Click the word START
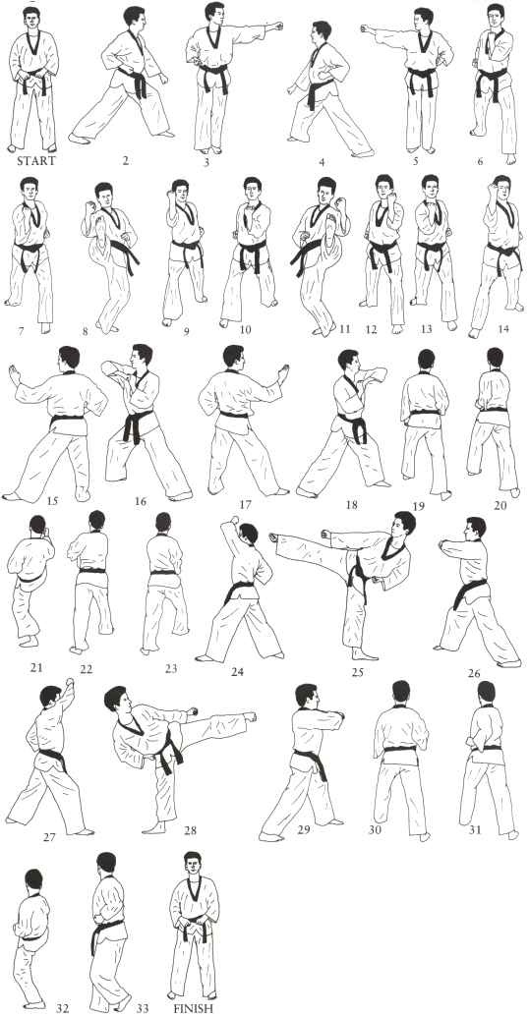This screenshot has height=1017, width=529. point(35,160)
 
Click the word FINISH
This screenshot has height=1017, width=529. point(193,1008)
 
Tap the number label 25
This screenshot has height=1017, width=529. point(358,671)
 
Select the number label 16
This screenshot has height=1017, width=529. point(141,501)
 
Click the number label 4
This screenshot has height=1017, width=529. point(322,162)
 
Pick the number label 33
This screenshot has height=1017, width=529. point(143,1008)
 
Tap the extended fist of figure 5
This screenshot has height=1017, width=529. point(368,29)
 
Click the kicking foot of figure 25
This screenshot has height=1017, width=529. point(274,537)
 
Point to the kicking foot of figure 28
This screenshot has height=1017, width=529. point(250,716)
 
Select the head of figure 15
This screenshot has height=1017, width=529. point(68,358)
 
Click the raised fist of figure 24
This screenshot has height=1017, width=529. point(234,520)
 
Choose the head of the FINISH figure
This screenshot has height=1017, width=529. point(192,863)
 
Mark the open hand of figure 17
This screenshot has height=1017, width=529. point(283,373)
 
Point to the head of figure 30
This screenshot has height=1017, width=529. point(401,692)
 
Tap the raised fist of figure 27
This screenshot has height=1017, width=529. point(69,684)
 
